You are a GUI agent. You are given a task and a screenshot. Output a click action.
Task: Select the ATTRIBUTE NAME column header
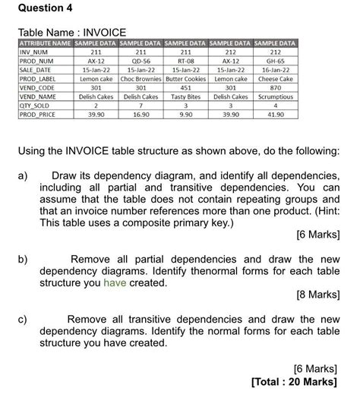pos(44,43)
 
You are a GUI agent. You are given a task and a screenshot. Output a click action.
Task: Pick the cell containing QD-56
pos(141,61)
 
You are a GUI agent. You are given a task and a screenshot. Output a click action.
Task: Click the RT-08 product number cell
pos(185,61)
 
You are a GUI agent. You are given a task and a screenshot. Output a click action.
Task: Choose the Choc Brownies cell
pos(141,79)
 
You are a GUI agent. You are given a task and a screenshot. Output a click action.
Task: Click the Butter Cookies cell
pos(185,79)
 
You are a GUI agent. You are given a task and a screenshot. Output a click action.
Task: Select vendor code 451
pos(185,88)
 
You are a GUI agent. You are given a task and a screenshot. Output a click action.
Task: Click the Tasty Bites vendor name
pos(185,96)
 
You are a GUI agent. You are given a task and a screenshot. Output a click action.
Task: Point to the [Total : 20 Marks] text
pos(293,381)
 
